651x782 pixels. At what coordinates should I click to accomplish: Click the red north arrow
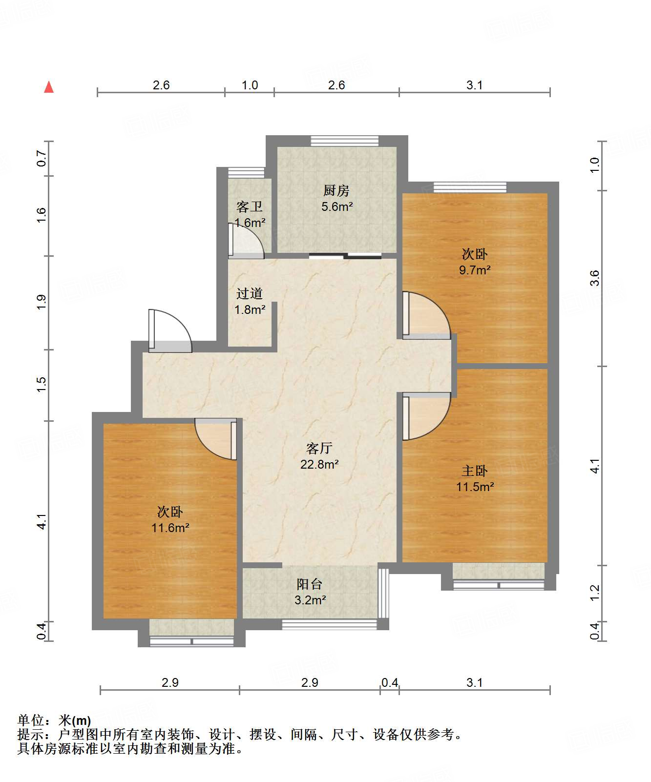click(x=49, y=87)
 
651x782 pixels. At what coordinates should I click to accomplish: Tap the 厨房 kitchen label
click(x=336, y=190)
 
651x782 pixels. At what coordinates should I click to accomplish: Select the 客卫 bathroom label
click(x=250, y=207)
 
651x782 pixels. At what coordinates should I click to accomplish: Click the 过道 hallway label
click(x=250, y=293)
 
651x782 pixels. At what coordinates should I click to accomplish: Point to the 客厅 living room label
click(x=319, y=448)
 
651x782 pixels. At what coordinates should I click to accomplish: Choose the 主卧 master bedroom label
click(x=475, y=471)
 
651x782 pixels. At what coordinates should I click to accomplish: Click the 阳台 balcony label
click(x=310, y=584)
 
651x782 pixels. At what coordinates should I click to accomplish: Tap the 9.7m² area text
click(x=475, y=270)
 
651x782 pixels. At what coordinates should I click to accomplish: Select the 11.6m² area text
click(x=170, y=528)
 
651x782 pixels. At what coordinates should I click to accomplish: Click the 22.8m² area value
click(x=319, y=464)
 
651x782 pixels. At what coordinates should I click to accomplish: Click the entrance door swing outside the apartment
click(x=170, y=331)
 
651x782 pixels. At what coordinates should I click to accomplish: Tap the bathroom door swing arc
click(x=247, y=241)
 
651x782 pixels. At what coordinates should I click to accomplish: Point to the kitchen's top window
click(x=345, y=141)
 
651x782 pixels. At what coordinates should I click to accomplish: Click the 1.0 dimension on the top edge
click(x=250, y=85)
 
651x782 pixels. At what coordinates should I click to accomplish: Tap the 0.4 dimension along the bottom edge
click(x=390, y=682)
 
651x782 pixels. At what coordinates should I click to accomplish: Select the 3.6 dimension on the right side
click(x=594, y=278)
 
